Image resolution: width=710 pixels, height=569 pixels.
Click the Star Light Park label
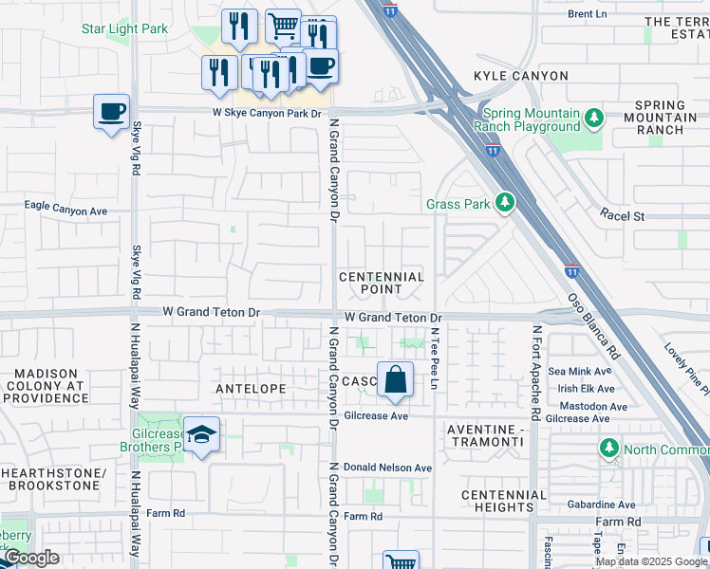124,28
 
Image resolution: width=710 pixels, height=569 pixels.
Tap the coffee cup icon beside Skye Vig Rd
111,112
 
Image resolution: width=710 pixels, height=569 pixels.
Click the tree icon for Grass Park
505,202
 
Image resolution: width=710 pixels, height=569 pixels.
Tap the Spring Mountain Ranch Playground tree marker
594,119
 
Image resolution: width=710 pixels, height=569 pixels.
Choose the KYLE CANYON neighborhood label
521,76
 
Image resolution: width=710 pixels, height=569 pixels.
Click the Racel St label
622,216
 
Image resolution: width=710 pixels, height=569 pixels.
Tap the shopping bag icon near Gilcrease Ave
396,379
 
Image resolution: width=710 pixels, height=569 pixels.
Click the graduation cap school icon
201,434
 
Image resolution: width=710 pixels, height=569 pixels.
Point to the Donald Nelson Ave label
387,468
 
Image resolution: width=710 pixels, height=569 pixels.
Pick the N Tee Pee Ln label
434,358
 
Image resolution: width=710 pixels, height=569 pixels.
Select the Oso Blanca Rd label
594,325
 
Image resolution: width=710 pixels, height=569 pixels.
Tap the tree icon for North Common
608,447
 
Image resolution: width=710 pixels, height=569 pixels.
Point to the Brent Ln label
587,14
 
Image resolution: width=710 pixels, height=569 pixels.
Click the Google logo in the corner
31,558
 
